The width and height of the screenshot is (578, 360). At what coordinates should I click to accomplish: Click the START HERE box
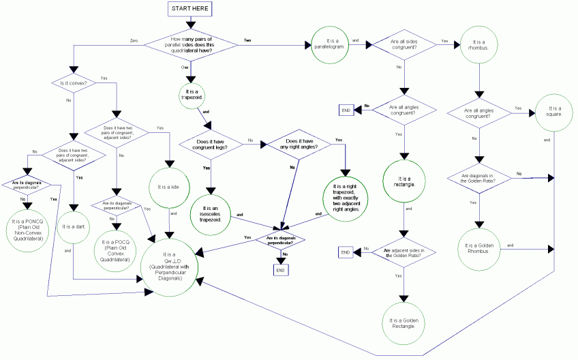(192, 9)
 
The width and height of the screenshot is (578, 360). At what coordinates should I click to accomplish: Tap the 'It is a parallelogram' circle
(330, 44)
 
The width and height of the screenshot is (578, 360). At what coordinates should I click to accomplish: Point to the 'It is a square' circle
(553, 110)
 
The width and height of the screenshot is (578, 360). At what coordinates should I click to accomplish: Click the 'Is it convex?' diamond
(70, 84)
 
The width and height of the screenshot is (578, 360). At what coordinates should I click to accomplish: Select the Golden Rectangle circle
(403, 320)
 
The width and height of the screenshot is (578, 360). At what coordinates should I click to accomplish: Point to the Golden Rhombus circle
(481, 245)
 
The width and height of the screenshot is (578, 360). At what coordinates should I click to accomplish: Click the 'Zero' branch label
(134, 42)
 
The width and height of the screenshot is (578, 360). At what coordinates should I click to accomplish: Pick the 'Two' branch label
(247, 41)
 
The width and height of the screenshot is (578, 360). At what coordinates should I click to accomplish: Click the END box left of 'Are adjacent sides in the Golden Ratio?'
(346, 253)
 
